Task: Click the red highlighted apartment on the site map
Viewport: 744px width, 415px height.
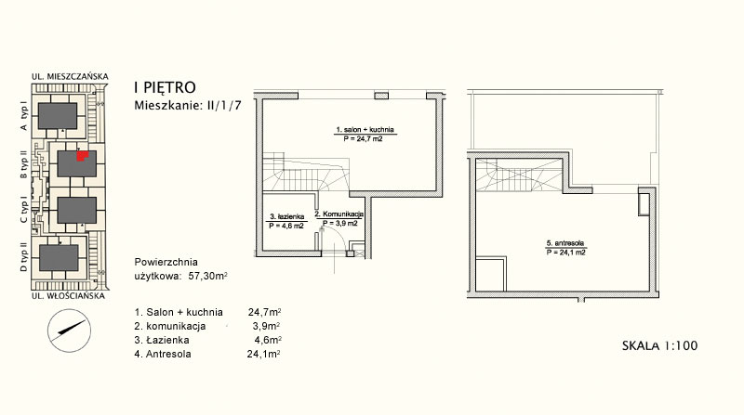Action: tap(83, 156)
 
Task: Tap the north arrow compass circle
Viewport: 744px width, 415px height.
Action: tap(69, 331)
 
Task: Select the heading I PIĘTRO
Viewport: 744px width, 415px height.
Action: tap(166, 87)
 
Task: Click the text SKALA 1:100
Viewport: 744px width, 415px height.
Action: tap(659, 345)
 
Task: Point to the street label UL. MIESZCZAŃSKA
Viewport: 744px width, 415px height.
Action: tap(70, 76)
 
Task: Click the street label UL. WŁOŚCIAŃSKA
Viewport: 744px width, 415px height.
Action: tap(68, 296)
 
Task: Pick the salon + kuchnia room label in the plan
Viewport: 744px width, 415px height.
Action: tap(365, 129)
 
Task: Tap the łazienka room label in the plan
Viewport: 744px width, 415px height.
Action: tap(286, 217)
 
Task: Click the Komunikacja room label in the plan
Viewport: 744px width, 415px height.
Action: tap(339, 214)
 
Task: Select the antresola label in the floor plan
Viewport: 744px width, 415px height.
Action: tap(565, 243)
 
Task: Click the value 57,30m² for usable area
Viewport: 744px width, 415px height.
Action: tap(207, 276)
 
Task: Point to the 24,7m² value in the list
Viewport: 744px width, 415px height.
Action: tap(264, 312)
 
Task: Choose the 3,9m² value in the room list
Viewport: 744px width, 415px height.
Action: tap(267, 326)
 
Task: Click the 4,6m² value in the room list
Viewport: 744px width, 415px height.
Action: tap(268, 340)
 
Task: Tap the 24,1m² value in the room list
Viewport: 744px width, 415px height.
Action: tap(264, 354)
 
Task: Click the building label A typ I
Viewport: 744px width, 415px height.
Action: tap(24, 117)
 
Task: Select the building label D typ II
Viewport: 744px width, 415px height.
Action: tap(24, 256)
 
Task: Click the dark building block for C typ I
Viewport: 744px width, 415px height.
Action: tap(77, 211)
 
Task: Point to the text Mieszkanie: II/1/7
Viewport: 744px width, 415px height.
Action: tap(188, 105)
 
